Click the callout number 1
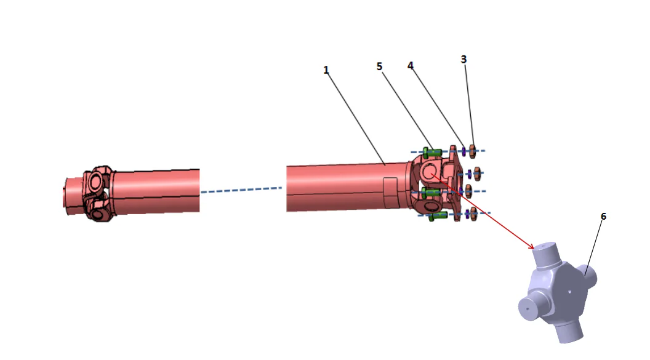[326, 70]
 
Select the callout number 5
[380, 66]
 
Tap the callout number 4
[410, 65]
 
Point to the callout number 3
[463, 59]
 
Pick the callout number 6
[603, 217]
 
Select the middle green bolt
[431, 193]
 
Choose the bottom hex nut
[475, 214]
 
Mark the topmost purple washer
[463, 151]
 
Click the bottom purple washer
[467, 214]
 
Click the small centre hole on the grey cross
[569, 292]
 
